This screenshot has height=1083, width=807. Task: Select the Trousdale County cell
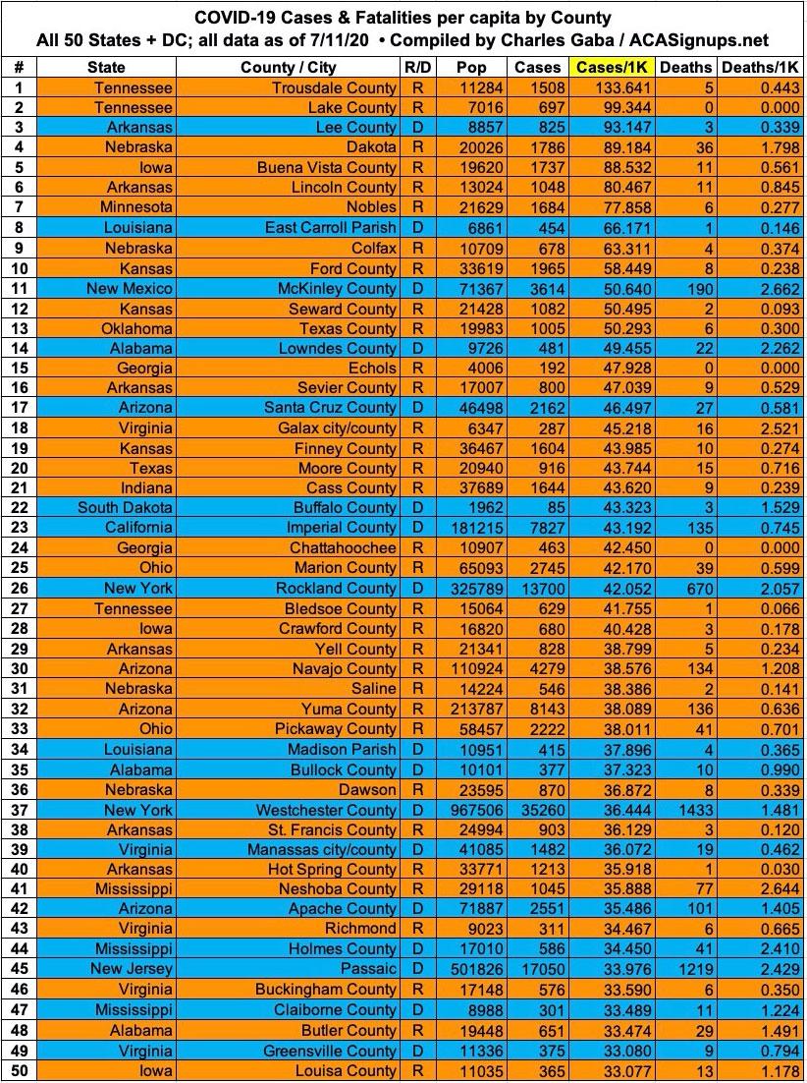coord(335,87)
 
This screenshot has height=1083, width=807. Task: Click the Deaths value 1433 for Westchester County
coord(685,811)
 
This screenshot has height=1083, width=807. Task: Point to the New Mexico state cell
coord(130,289)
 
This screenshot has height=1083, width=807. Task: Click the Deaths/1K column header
coord(760,67)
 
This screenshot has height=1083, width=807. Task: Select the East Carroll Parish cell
coord(331,228)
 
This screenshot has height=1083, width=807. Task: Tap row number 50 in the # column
coord(19,1071)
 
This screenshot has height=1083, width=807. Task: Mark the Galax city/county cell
coord(338,428)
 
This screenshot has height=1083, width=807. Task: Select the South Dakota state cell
coord(126,508)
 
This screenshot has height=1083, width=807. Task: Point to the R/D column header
coord(415,67)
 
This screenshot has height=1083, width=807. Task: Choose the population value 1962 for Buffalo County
coord(484,508)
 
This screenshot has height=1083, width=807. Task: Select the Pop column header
coord(470,67)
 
